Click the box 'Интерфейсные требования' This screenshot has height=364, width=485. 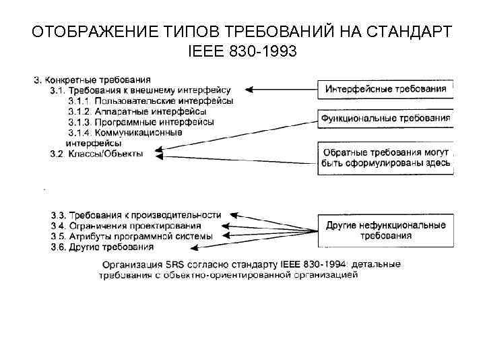point(385,89)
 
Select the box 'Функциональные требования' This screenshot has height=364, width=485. point(385,119)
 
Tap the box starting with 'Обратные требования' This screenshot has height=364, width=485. point(385,158)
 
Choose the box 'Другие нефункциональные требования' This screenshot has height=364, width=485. point(385,230)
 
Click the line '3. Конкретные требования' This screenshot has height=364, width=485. point(92,80)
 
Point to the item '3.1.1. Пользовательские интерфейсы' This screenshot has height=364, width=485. point(151,100)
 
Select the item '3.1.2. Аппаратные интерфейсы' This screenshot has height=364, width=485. point(137,111)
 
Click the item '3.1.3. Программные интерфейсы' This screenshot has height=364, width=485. point(141,122)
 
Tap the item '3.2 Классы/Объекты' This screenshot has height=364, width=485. point(96,154)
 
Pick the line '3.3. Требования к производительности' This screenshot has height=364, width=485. point(135,215)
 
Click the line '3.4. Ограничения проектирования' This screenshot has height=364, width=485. point(126,226)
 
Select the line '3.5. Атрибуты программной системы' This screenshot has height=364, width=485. point(131,237)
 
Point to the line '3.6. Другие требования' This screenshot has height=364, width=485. point(102,247)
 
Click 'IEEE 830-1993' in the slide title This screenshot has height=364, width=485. point(243,51)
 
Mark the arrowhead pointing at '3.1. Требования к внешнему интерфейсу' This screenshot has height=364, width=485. point(247,89)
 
